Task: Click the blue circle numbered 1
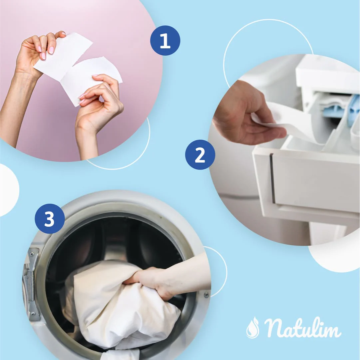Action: coord(165,40)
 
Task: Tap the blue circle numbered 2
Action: coord(200,155)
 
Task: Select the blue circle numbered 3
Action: coord(50,219)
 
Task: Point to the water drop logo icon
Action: coord(252,328)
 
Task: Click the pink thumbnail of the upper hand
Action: coord(51,50)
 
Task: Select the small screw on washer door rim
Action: coord(206,295)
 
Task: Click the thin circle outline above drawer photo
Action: coord(266,23)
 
